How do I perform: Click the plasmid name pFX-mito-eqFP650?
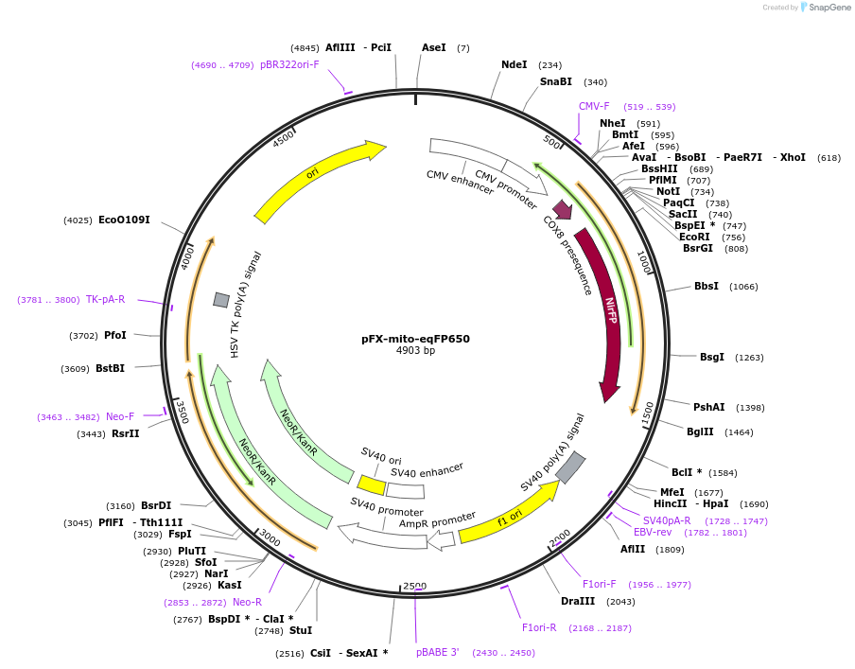pos(415,338)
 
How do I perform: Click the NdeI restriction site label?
pos(515,64)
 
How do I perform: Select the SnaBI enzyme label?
pos(556,81)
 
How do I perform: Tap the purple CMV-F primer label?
pos(594,106)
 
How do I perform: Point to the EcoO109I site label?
pos(124,220)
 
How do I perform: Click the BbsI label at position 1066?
pos(707,286)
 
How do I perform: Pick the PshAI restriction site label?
pos(709,407)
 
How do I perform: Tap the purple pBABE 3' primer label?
pos(437,652)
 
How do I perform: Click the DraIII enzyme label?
pos(578,601)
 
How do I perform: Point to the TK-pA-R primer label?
pos(105,299)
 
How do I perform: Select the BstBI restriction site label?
pos(110,368)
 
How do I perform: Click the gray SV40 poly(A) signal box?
pos(570,467)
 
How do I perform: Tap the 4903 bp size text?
pos(415,351)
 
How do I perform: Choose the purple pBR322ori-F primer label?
pos(289,64)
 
